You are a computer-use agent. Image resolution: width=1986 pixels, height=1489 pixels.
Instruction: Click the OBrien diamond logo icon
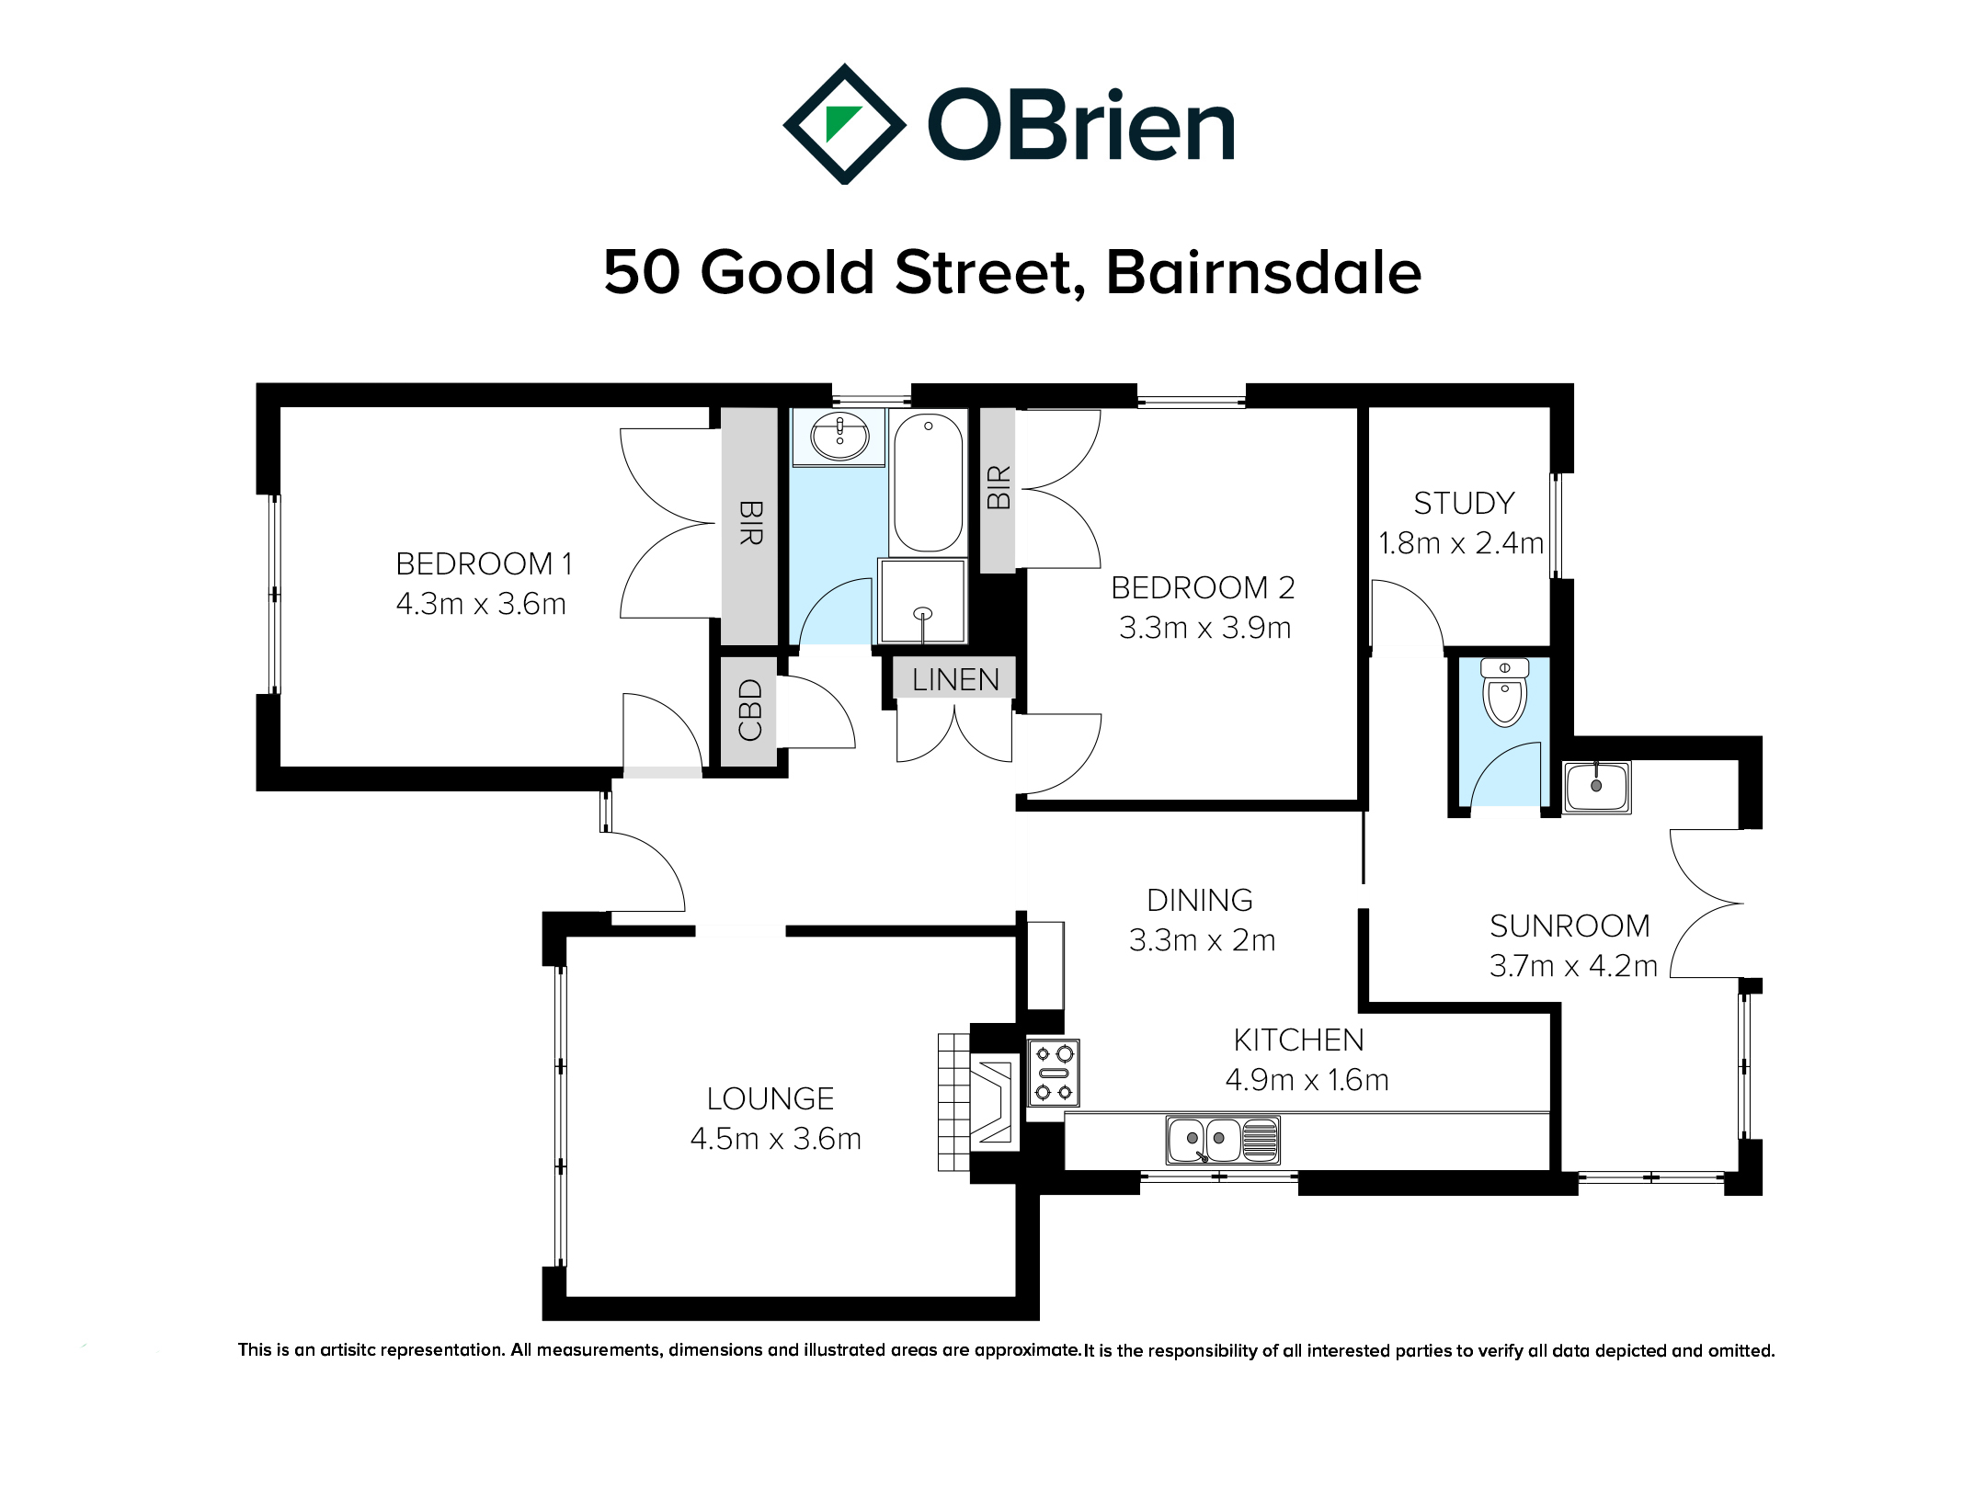pyautogui.click(x=843, y=124)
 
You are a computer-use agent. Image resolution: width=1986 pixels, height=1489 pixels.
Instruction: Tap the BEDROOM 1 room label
pyautogui.click(x=484, y=563)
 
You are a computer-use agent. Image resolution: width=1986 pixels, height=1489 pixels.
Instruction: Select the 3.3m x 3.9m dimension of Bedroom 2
pyautogui.click(x=1204, y=628)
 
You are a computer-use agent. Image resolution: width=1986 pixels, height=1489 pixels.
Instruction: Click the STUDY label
pyautogui.click(x=1464, y=504)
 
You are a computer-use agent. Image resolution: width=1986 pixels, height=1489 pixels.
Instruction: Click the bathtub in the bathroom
pyautogui.click(x=928, y=482)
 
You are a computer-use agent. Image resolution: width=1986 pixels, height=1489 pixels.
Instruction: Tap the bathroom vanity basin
pyautogui.click(x=839, y=436)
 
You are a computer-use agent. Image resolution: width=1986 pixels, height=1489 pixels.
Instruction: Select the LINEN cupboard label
pyautogui.click(x=955, y=679)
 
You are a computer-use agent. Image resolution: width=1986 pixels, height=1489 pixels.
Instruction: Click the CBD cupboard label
pyautogui.click(x=750, y=710)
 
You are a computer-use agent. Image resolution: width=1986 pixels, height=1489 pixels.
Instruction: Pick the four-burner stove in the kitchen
pyautogui.click(x=1053, y=1073)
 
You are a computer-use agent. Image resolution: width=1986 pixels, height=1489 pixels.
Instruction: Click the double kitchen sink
pyautogui.click(x=1223, y=1140)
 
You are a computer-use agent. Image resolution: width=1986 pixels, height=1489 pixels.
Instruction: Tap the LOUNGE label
pyautogui.click(x=770, y=1098)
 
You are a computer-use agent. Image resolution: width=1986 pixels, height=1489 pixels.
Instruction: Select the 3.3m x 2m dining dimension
pyautogui.click(x=1202, y=940)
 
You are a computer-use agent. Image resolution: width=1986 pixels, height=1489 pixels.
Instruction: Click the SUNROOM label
pyautogui.click(x=1569, y=926)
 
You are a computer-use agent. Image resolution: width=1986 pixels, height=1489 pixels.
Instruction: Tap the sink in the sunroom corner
pyautogui.click(x=1597, y=787)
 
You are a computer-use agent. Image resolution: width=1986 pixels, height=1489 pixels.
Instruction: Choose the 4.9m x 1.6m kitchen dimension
pyautogui.click(x=1307, y=1079)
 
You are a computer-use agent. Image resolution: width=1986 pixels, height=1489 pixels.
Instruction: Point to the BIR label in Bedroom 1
pyautogui.click(x=750, y=523)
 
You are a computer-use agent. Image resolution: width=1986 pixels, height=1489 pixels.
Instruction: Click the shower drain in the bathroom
pyautogui.click(x=923, y=614)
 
